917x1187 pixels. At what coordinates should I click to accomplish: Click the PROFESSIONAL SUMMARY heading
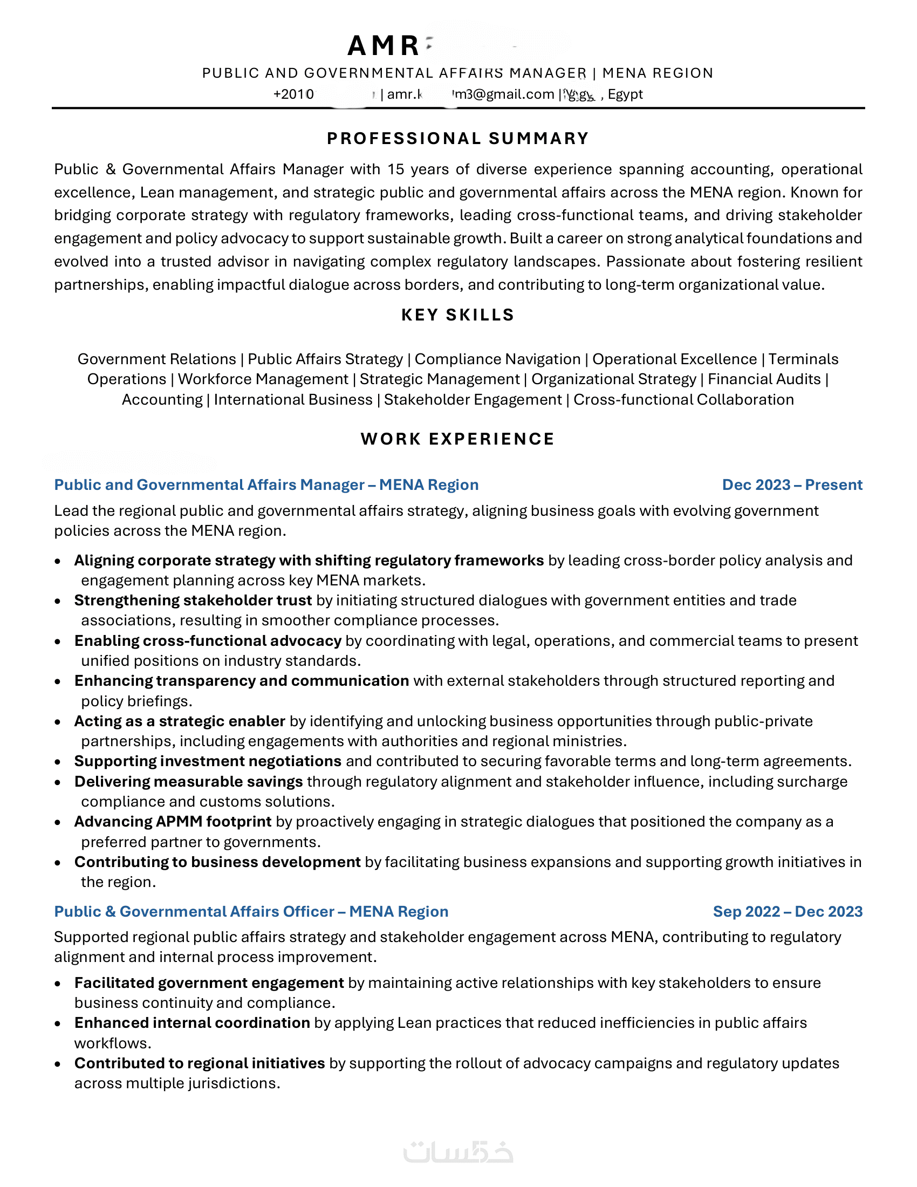(458, 139)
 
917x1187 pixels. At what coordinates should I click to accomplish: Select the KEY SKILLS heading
(458, 315)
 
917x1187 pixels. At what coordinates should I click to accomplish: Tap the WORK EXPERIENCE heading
(458, 439)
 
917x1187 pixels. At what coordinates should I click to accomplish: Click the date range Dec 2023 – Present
(792, 485)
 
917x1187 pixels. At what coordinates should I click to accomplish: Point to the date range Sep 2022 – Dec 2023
(788, 911)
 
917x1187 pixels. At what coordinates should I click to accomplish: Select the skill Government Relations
(156, 359)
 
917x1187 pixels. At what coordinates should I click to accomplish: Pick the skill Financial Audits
(764, 379)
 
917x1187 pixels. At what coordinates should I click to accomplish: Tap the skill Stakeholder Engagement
(473, 399)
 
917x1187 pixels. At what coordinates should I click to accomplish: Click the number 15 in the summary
(395, 169)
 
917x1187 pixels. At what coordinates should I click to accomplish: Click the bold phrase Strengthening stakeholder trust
(193, 601)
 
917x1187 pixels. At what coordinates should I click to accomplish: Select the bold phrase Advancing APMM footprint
(173, 822)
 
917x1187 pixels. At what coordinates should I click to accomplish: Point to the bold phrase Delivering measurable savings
(188, 782)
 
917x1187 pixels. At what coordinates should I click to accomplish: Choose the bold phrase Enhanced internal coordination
(193, 1023)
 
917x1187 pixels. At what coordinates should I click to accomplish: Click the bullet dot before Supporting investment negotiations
(58, 762)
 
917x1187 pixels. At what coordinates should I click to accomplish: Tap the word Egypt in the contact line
(625, 94)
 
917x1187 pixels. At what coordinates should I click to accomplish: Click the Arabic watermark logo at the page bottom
(458, 1151)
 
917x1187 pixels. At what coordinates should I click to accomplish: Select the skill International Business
(293, 399)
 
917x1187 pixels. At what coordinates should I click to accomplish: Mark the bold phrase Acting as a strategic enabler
(180, 721)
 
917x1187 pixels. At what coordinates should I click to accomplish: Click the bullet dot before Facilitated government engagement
(58, 984)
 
